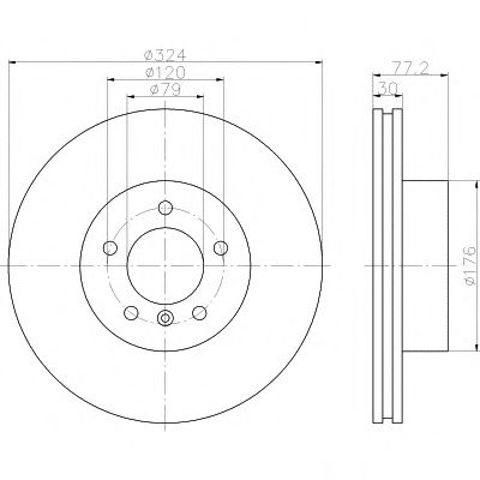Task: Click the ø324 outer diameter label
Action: (x=164, y=55)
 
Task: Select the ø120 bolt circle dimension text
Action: (x=165, y=72)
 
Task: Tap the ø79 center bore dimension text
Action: (x=165, y=89)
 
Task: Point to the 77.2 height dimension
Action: (x=410, y=68)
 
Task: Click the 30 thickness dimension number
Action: (x=388, y=89)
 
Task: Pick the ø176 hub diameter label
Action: (x=471, y=266)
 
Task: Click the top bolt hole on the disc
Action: (x=165, y=208)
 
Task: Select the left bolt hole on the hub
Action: (x=110, y=248)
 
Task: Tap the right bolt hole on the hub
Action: (x=220, y=248)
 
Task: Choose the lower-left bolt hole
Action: (x=131, y=313)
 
